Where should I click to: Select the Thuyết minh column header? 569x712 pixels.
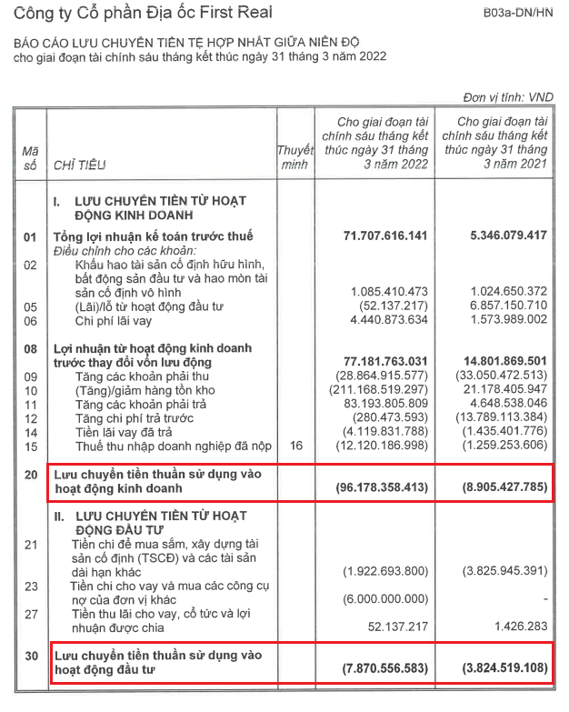point(294,155)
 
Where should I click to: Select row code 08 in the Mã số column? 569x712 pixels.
point(31,348)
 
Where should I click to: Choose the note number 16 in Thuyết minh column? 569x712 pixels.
point(294,445)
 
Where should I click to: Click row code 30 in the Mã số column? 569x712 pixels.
point(31,656)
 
